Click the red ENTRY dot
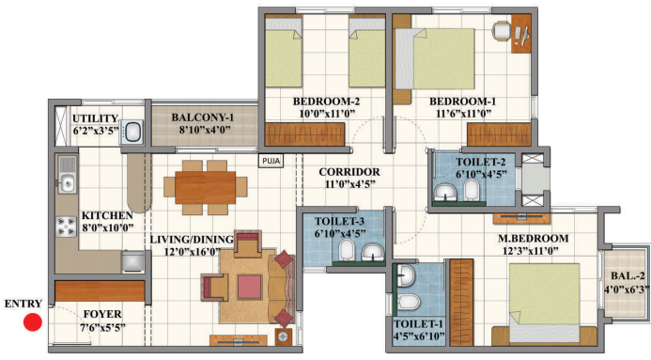(x=32, y=322)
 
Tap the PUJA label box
(x=271, y=161)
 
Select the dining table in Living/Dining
(x=206, y=188)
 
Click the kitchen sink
(x=67, y=175)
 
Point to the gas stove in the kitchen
(x=67, y=227)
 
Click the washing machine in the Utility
(x=132, y=132)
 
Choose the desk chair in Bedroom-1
(x=502, y=30)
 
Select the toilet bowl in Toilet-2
(x=471, y=190)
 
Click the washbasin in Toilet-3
(x=373, y=252)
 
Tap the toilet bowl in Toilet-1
(x=409, y=303)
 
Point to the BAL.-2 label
(x=628, y=275)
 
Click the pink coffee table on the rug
(x=250, y=288)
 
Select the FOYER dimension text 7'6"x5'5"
(x=102, y=328)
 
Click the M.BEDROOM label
(x=533, y=239)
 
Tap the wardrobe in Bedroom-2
(x=304, y=134)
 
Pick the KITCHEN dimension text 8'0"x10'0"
(x=107, y=227)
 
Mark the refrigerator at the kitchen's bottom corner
(x=132, y=261)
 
